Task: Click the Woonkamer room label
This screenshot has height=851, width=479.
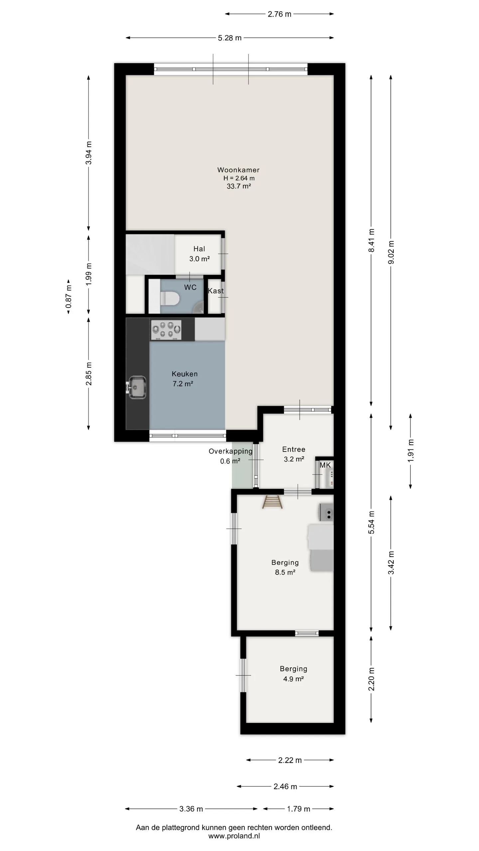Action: pos(238,170)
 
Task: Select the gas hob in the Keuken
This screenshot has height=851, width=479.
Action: pos(166,330)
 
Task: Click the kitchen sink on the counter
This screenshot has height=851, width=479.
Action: pos(136,387)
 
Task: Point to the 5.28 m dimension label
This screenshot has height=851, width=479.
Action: pos(230,38)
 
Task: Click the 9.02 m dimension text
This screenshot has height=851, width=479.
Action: pos(391,252)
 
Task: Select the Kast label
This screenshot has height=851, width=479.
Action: pos(216,291)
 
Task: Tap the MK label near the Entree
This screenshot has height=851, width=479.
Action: pos(325,465)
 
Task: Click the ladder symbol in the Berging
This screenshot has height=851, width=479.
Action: pos(272,502)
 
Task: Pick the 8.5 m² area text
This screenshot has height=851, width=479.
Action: pos(285,572)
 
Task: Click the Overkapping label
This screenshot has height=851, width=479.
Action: pos(231,451)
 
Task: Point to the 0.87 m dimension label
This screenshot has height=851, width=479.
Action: pos(69,297)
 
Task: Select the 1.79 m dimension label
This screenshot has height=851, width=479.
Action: pos(299,809)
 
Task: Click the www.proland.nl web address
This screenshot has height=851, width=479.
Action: pos(234,836)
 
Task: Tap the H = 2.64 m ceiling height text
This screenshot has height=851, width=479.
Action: pos(239,178)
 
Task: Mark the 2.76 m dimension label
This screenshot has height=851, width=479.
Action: pos(279,14)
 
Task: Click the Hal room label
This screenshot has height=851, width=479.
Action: pos(199,249)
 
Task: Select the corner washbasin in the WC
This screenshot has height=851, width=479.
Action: pos(200,307)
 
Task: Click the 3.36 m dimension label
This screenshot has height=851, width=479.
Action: pos(191,809)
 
